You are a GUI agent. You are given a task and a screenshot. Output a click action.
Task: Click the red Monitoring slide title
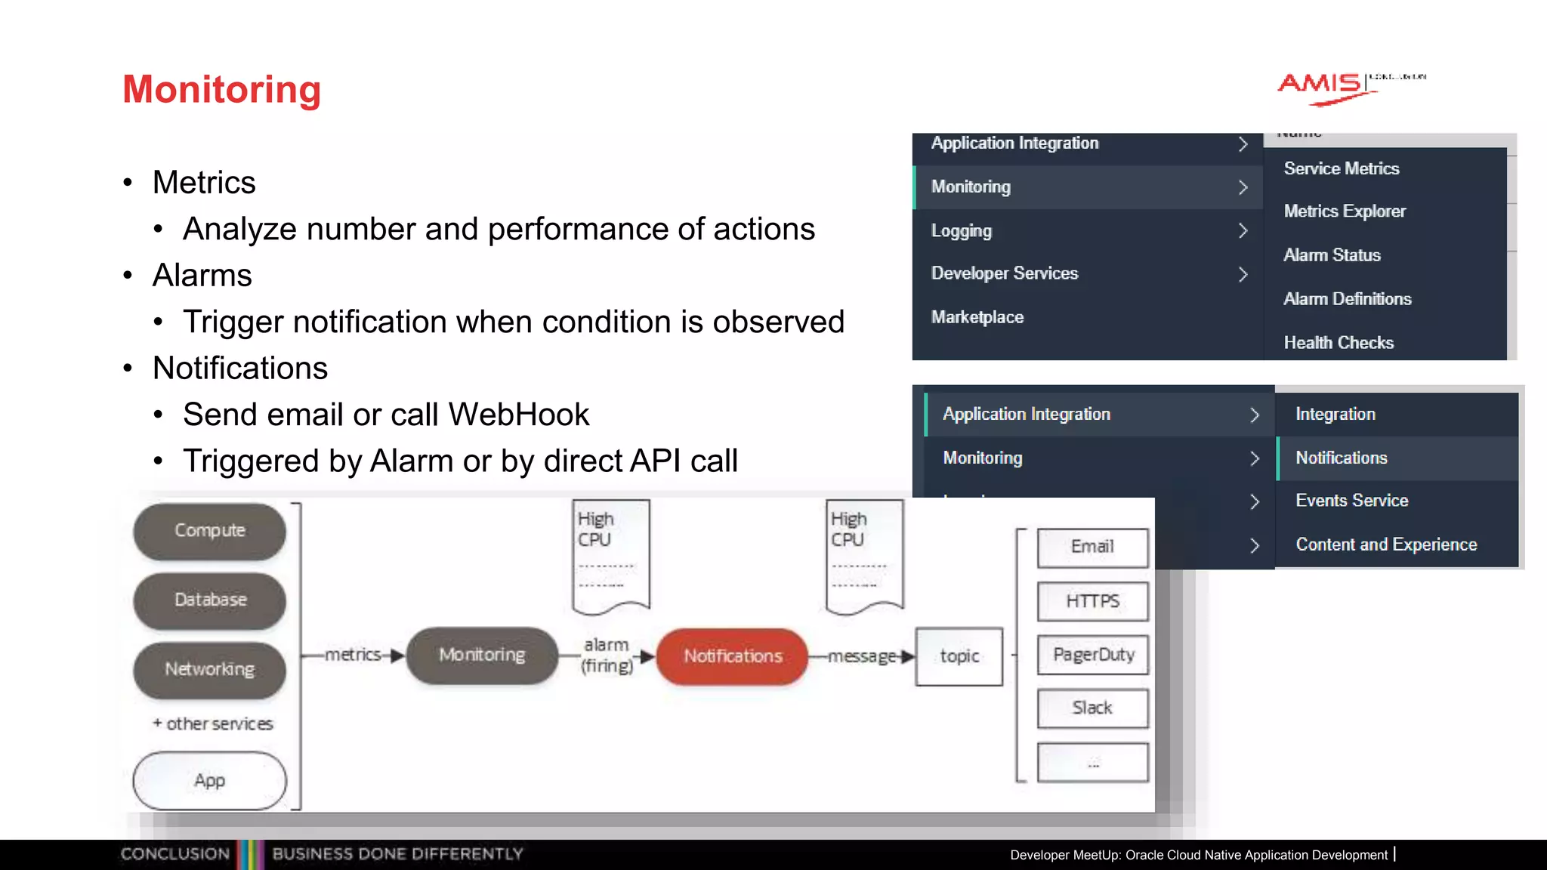(x=221, y=89)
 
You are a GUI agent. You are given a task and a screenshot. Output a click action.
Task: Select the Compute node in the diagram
(x=210, y=531)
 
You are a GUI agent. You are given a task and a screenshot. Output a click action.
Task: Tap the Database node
(x=210, y=600)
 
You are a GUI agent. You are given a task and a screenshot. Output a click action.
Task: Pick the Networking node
(x=210, y=670)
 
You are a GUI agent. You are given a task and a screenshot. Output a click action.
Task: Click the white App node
(x=210, y=781)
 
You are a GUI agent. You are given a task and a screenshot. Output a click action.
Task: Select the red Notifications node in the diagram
(x=733, y=656)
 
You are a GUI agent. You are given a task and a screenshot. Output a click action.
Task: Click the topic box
(x=959, y=656)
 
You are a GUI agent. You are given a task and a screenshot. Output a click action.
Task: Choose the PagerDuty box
(x=1093, y=655)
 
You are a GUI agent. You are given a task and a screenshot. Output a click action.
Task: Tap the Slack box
(x=1093, y=708)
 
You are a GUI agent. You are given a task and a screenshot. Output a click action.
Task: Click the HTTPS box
(x=1093, y=601)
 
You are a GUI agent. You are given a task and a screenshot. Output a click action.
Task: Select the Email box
(x=1093, y=547)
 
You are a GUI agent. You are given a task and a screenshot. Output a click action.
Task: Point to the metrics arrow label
(x=353, y=655)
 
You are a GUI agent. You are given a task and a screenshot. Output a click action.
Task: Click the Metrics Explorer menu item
(x=1345, y=211)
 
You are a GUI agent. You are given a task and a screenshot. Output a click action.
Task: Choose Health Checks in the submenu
(x=1339, y=343)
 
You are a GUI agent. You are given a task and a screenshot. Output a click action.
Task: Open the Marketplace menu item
(x=977, y=317)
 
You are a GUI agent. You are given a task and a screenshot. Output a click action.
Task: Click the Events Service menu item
(x=1352, y=501)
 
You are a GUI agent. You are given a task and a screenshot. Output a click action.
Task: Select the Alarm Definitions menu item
(x=1348, y=299)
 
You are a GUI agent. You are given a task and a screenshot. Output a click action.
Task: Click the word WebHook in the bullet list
(x=518, y=415)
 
